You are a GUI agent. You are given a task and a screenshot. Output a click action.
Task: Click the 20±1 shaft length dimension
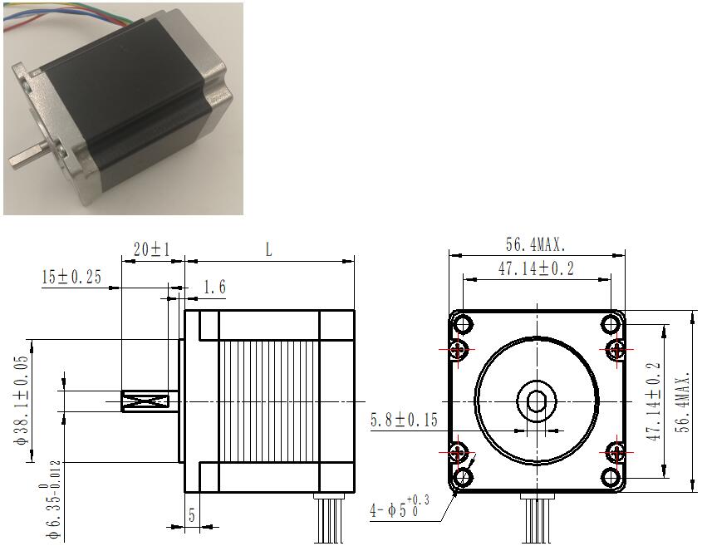(152, 248)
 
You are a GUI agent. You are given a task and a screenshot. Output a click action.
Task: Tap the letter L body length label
(268, 248)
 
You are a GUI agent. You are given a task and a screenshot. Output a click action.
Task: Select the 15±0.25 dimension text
(71, 277)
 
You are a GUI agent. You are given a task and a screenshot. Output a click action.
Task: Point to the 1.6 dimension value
(214, 287)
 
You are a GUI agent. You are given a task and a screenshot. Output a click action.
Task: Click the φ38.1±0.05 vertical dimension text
(21, 401)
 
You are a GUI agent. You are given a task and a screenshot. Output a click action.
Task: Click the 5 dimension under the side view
(192, 515)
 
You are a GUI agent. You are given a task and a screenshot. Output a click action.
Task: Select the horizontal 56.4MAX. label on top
(535, 245)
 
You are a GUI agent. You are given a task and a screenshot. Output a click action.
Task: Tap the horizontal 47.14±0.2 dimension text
(536, 268)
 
